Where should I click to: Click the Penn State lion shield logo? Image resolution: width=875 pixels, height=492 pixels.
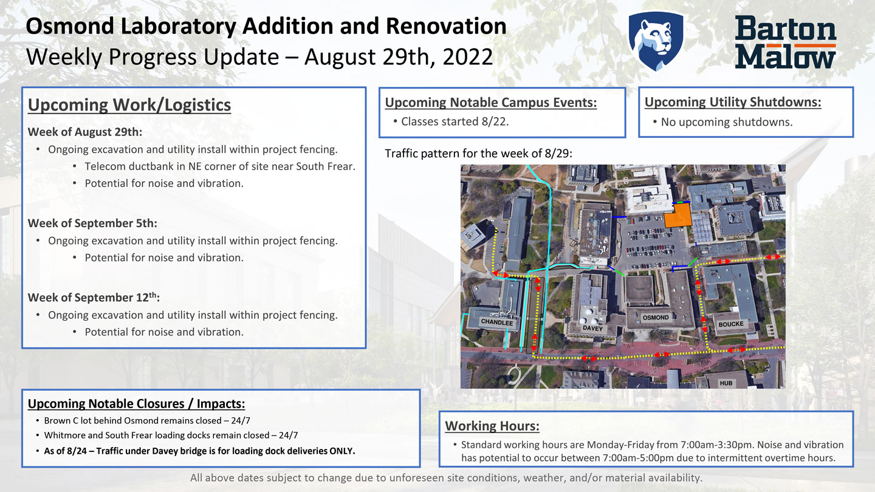point(656,40)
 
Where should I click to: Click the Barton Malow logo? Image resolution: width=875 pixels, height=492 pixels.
point(785,42)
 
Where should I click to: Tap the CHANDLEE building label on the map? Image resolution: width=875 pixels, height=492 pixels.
point(497,323)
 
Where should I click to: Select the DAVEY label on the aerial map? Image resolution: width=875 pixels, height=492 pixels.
point(592,328)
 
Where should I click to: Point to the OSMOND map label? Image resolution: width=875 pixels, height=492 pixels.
point(656,318)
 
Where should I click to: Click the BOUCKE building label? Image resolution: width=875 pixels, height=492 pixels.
point(730,324)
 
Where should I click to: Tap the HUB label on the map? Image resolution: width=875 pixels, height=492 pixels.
point(726,383)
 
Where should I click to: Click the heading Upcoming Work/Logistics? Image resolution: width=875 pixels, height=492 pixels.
point(129,104)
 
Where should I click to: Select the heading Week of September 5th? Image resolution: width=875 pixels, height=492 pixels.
point(92,223)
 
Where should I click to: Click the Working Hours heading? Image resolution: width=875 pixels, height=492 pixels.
point(492,426)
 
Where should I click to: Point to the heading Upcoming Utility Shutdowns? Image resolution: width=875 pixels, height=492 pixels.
point(733,102)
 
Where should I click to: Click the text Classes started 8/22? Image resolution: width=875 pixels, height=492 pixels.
point(455,121)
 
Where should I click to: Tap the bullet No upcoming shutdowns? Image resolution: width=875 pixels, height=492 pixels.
point(726,122)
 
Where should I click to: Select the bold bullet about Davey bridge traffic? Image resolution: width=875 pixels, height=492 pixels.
point(199,451)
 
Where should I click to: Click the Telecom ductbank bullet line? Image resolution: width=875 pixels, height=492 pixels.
point(219,166)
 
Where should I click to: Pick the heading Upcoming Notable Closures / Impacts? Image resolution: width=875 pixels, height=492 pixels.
point(137,404)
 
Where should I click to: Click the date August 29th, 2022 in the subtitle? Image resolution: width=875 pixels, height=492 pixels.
point(399,57)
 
